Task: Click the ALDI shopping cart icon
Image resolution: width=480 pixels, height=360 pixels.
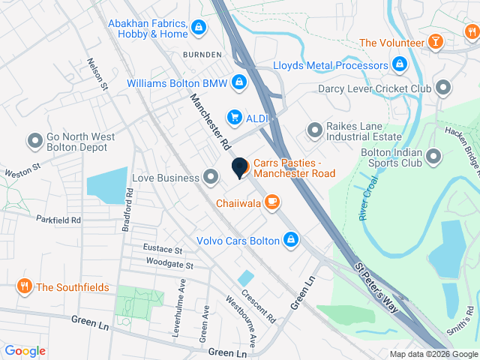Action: coord(235,117)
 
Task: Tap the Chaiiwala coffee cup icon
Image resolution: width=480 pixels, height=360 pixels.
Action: coord(271,202)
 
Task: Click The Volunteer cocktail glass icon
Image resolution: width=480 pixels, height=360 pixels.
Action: coord(434,42)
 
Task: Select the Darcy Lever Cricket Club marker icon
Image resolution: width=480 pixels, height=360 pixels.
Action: coord(443,88)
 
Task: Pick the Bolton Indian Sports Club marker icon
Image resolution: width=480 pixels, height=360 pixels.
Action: coord(433,157)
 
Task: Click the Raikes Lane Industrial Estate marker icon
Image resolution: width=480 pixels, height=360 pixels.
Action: coord(313,131)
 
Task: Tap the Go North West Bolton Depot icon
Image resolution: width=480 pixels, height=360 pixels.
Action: coord(34,140)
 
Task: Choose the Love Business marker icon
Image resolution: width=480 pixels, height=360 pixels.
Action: coord(211,178)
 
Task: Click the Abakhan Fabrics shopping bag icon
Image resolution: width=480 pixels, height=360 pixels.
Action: coord(198,28)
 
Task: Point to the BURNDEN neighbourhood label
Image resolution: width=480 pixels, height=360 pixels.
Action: coord(202,55)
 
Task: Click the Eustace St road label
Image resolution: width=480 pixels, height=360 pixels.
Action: coord(163,249)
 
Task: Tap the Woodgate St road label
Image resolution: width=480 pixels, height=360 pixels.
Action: coord(169,265)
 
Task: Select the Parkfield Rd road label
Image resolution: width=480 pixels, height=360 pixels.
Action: coord(57,220)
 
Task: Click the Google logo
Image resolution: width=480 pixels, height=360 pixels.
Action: coord(25,351)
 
